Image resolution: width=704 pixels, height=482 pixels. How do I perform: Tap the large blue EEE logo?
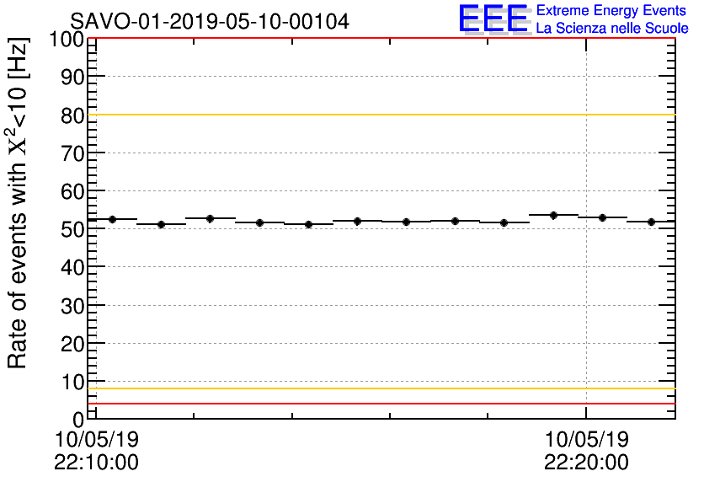[x=493, y=19]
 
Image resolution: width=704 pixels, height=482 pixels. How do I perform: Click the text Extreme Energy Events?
[x=611, y=11]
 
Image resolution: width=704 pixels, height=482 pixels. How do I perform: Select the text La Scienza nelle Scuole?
[x=612, y=29]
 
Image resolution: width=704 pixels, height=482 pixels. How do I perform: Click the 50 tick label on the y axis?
[x=72, y=229]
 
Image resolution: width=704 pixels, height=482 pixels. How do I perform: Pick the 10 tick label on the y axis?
[x=72, y=382]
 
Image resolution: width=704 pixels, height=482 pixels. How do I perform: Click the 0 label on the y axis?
[x=77, y=419]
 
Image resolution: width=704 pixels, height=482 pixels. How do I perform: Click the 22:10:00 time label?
[x=97, y=463]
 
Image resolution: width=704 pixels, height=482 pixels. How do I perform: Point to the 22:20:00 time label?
[x=586, y=463]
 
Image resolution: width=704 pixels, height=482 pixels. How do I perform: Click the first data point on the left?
[x=112, y=219]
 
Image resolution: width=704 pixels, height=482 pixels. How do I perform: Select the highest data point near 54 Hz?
[x=553, y=215]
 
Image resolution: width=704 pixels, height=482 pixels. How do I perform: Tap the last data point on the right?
[x=652, y=222]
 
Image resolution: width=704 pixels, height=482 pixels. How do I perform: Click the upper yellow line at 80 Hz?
[x=379, y=115]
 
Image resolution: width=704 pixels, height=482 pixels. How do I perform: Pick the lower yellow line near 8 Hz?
[x=379, y=388]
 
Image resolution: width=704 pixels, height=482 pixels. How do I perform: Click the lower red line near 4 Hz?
[x=379, y=404]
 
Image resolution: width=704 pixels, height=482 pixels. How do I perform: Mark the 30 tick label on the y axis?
[x=72, y=305]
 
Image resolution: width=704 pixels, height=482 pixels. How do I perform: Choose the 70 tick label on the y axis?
[x=72, y=153]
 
